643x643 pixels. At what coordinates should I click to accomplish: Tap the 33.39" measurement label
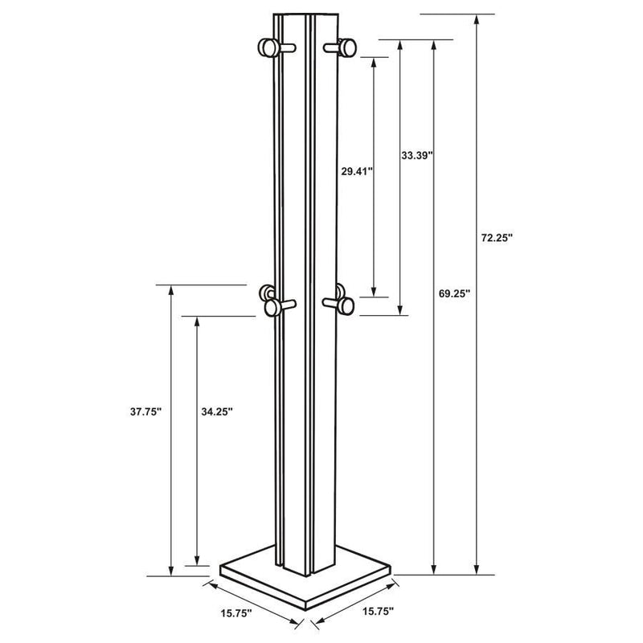417,154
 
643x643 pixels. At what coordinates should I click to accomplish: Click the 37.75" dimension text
145,411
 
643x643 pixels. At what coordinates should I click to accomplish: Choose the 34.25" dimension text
216,411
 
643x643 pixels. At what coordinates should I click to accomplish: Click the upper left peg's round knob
266,49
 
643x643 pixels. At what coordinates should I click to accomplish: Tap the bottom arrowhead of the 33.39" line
399,310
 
